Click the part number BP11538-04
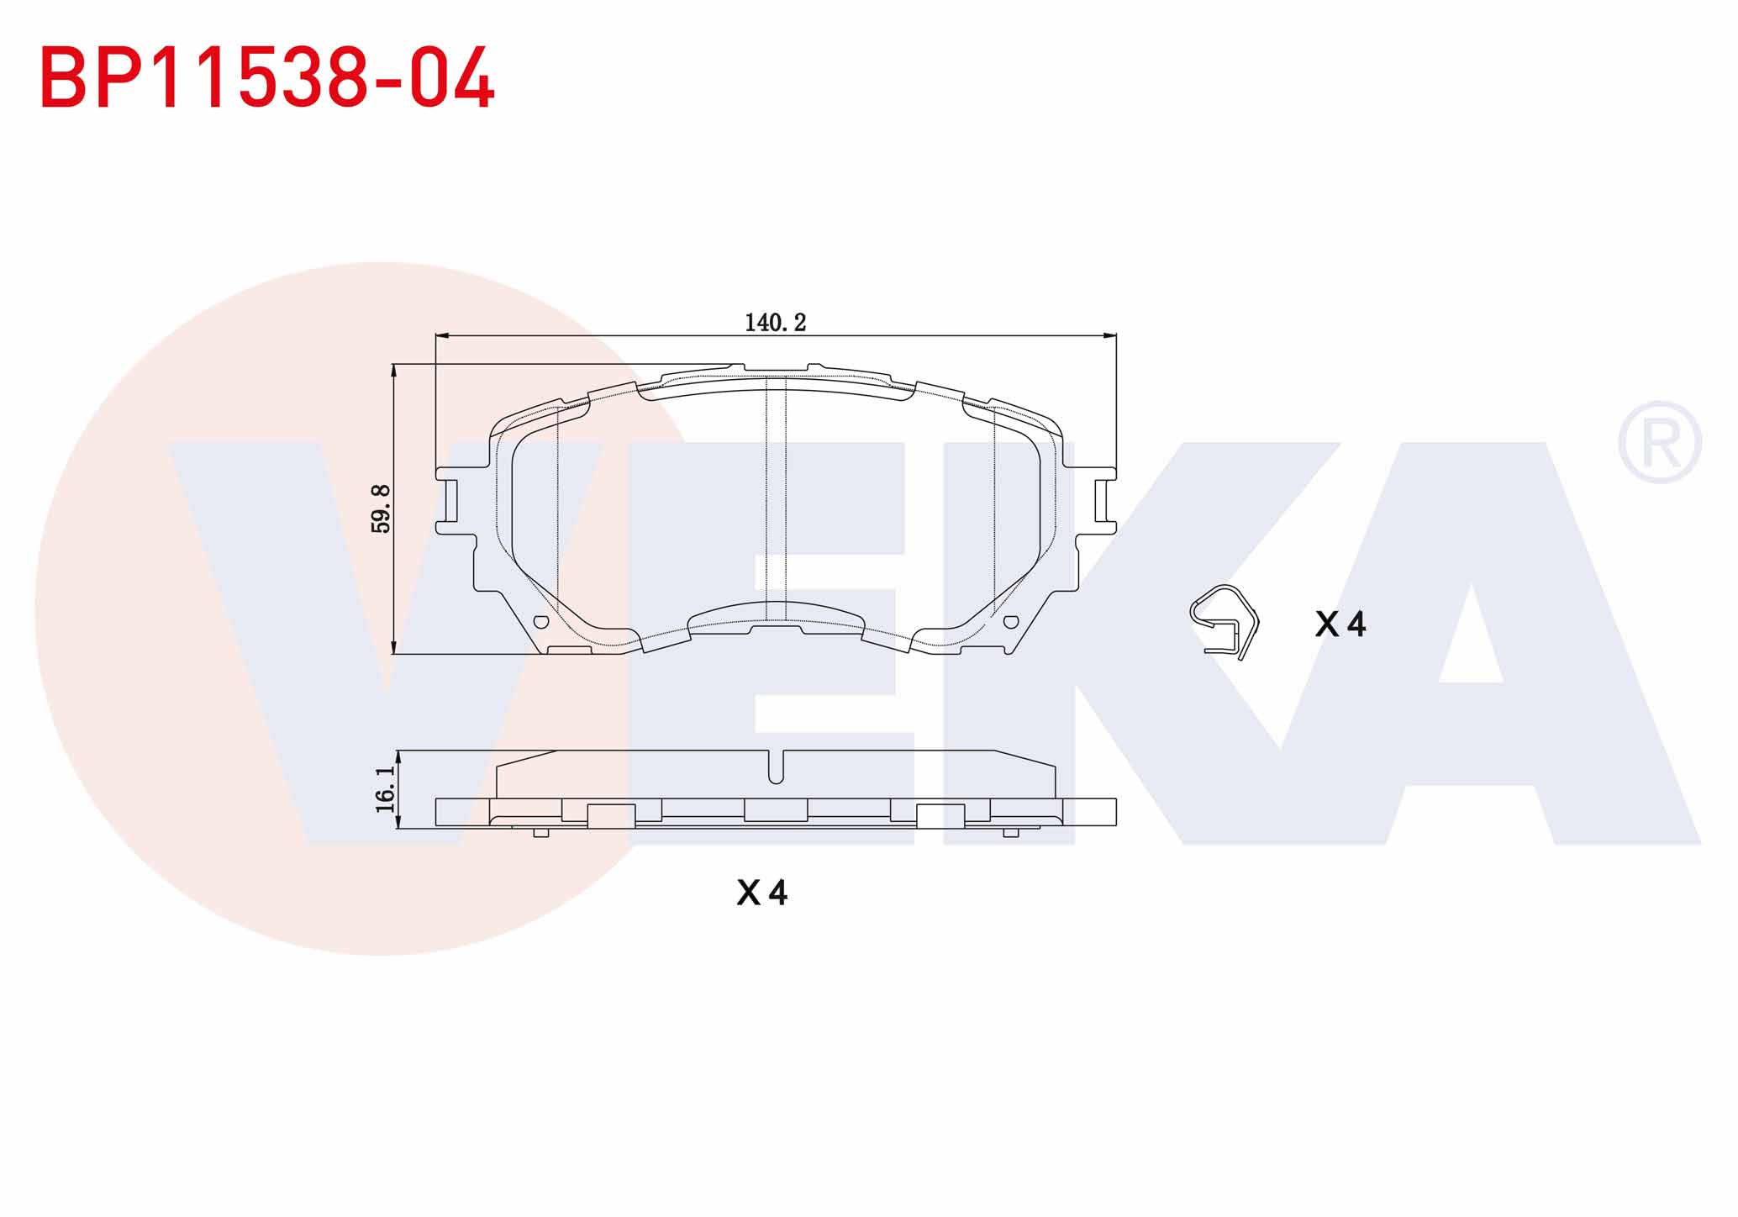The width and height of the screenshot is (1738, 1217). (x=267, y=77)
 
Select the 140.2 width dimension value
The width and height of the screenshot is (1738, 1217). (x=775, y=323)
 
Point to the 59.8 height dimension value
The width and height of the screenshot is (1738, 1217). (x=382, y=508)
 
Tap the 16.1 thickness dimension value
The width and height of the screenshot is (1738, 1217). (x=386, y=789)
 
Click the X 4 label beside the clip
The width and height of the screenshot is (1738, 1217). (x=1340, y=624)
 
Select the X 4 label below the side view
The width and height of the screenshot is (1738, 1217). (x=762, y=893)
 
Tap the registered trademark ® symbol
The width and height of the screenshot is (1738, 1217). (x=1660, y=443)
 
